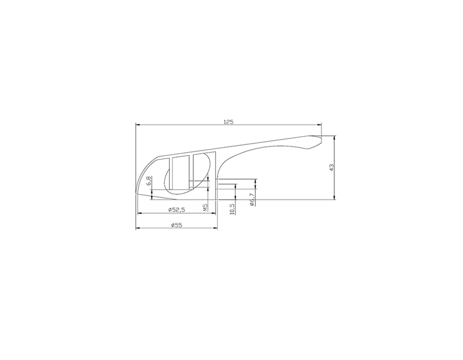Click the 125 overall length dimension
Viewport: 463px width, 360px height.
point(228,122)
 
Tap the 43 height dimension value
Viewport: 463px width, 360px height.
point(331,168)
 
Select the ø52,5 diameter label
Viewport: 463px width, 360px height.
point(176,209)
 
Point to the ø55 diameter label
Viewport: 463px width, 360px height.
point(176,225)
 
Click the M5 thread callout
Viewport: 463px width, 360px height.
point(205,207)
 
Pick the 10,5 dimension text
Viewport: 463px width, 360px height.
point(232,209)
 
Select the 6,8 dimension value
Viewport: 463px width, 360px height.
point(149,181)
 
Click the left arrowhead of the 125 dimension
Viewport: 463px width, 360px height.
point(137,125)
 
